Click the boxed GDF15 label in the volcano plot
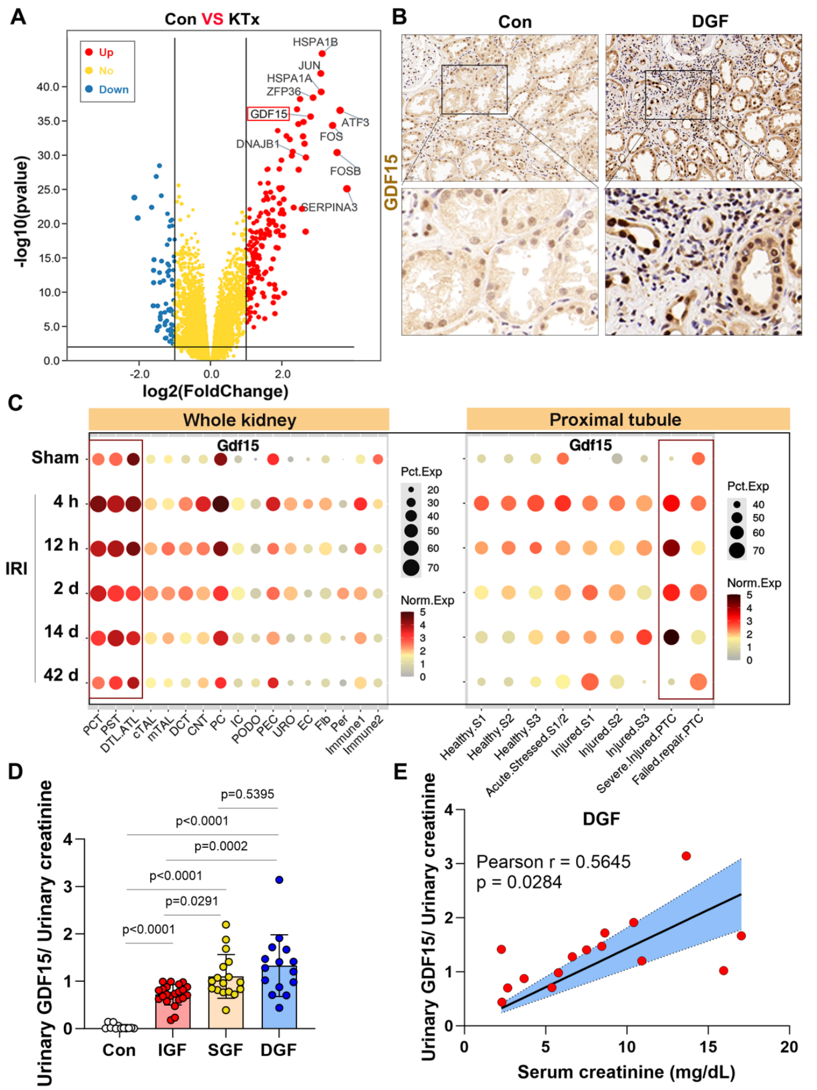(x=269, y=114)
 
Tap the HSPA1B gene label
(x=315, y=42)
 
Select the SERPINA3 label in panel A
(x=330, y=207)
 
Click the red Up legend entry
(x=106, y=53)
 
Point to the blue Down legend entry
(x=113, y=90)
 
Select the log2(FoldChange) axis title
(x=215, y=391)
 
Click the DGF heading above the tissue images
(x=709, y=22)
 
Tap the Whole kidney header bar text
(x=239, y=420)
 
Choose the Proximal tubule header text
(x=615, y=420)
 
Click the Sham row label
(x=55, y=458)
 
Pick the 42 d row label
(x=61, y=675)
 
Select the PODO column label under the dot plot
(x=247, y=730)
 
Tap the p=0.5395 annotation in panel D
(x=247, y=794)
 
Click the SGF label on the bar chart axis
(x=225, y=1050)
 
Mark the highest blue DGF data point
(x=279, y=880)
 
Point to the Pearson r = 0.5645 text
(x=553, y=862)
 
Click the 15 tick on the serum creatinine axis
(x=708, y=1047)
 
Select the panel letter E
(x=400, y=772)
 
